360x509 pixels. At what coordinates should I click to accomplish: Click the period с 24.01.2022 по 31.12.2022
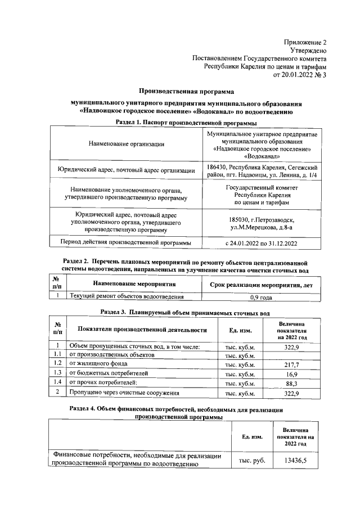261,243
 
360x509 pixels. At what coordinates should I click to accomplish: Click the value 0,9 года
261,297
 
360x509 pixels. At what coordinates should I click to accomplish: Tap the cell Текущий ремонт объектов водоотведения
127,296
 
